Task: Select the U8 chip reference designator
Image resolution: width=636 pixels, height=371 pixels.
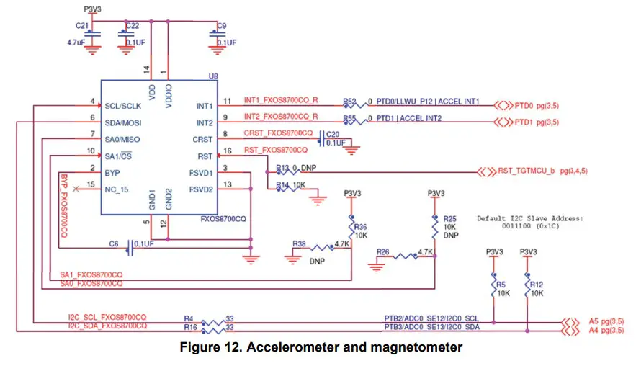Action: point(212,75)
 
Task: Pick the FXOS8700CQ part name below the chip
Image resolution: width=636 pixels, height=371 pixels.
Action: point(224,218)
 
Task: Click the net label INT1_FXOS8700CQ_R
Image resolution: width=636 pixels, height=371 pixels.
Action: point(282,100)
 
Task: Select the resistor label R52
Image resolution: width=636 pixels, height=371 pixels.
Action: point(350,102)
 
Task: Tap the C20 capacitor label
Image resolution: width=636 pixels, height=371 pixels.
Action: point(332,134)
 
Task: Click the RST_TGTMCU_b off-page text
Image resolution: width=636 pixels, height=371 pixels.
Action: point(524,171)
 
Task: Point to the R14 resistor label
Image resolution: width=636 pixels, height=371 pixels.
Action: point(282,184)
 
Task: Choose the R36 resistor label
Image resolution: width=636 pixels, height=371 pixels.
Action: point(361,226)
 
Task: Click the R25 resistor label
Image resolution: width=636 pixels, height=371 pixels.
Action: point(449,219)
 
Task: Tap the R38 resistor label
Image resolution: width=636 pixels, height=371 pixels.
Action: point(299,243)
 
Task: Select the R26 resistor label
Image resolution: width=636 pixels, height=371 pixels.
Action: point(383,252)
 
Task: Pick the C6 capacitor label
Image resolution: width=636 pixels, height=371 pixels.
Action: point(114,244)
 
